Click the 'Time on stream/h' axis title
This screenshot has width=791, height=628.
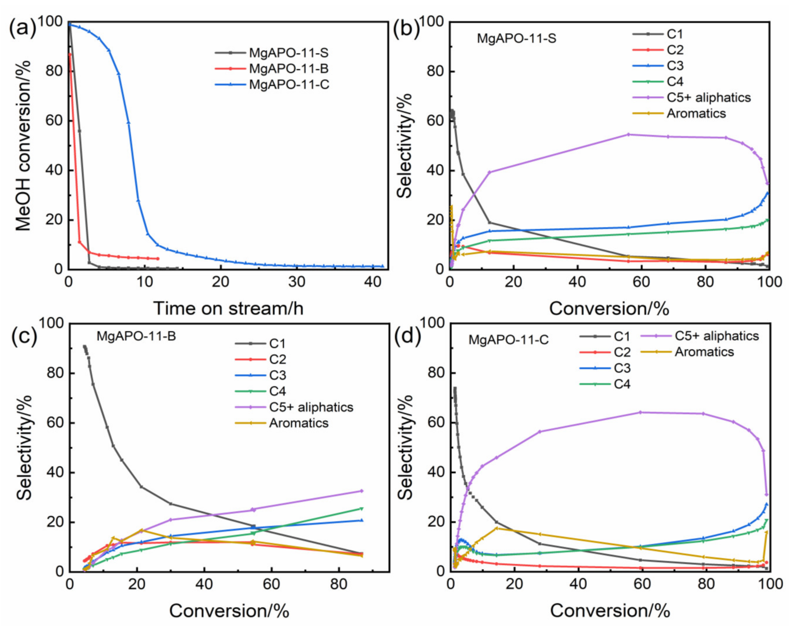point(228,308)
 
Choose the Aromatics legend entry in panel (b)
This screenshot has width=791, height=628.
point(696,113)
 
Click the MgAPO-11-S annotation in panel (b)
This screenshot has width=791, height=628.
point(516,38)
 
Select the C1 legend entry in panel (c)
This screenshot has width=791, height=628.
point(277,343)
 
